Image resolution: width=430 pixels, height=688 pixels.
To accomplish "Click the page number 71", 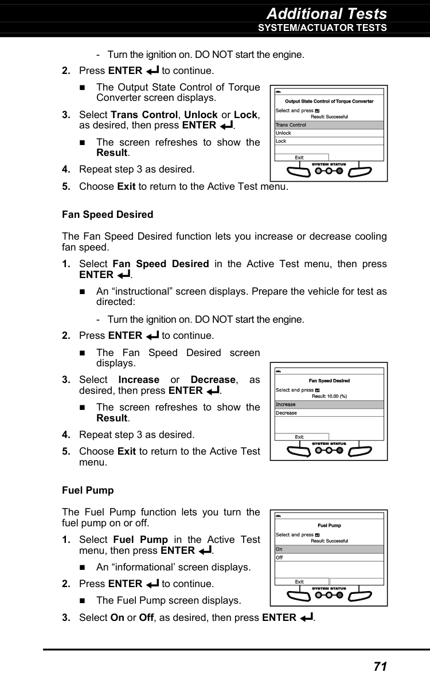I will [380, 666].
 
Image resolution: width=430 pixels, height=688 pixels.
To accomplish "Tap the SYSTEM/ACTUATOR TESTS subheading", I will [322, 28].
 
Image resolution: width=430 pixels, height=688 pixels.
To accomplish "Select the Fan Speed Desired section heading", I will [107, 214].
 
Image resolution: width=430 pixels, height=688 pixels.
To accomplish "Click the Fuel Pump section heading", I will [88, 490].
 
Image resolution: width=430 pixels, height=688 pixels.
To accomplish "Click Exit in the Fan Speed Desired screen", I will [300, 437].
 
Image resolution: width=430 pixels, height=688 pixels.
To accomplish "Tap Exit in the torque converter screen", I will [300, 158].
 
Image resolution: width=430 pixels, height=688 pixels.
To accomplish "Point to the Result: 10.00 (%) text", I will [329, 396].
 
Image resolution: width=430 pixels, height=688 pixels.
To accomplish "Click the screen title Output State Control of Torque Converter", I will [329, 101].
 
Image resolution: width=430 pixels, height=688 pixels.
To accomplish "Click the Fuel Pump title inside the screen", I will [329, 526].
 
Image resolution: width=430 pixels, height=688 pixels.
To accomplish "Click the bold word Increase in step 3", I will [139, 380].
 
